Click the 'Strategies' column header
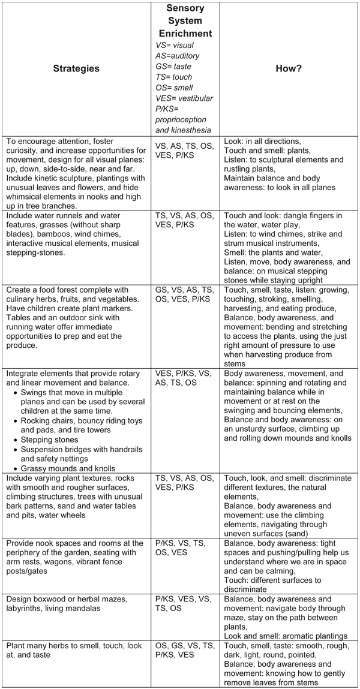click(x=75, y=68)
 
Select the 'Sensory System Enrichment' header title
click(x=185, y=22)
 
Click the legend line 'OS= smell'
click(x=172, y=88)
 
